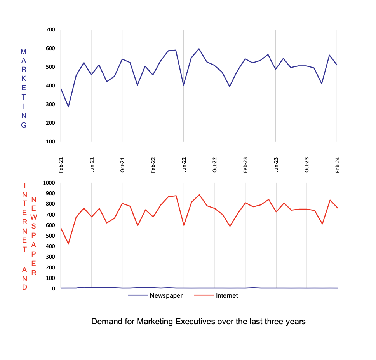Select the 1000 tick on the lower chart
[49, 183]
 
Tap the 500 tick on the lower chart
[50, 236]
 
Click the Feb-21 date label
[61, 164]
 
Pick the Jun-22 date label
[184, 164]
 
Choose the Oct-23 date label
[307, 164]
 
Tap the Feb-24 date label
[338, 164]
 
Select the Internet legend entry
[226, 295]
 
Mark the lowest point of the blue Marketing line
[68, 107]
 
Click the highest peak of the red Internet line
[199, 195]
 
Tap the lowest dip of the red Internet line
[68, 244]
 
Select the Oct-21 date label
[122, 164]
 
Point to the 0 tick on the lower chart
[54, 288]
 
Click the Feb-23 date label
[245, 164]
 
